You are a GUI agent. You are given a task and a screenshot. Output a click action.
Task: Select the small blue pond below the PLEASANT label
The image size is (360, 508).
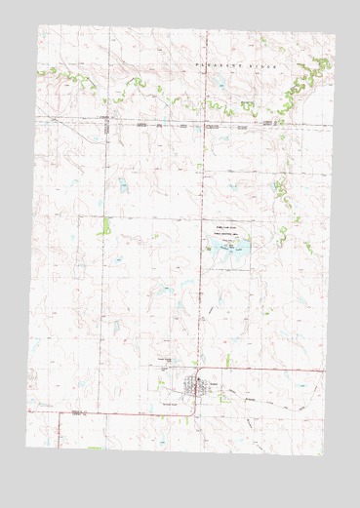(223, 86)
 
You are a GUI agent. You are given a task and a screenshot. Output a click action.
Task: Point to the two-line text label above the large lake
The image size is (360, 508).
(222, 232)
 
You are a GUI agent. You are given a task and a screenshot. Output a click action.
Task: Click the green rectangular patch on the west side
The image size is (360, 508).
(105, 225)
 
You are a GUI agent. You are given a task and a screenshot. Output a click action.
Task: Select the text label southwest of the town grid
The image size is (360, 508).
(168, 402)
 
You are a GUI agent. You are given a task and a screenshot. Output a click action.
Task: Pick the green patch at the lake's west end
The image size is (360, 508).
(209, 251)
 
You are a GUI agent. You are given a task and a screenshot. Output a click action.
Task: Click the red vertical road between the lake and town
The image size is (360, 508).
(201, 312)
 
